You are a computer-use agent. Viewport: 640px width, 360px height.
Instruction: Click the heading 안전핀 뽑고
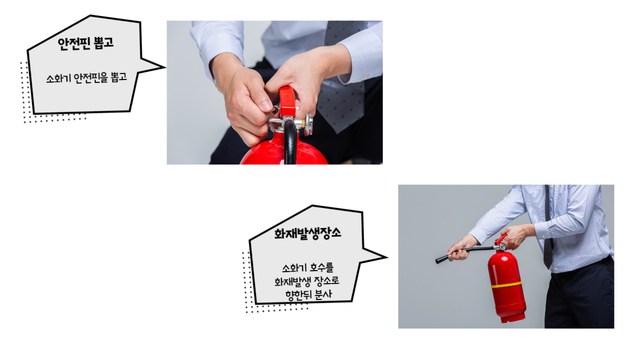click(x=85, y=43)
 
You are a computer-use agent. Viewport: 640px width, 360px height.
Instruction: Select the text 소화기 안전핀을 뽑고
click(x=86, y=77)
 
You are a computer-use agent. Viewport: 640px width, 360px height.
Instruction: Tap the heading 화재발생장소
click(x=307, y=233)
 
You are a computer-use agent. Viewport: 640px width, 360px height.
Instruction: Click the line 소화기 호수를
click(x=307, y=268)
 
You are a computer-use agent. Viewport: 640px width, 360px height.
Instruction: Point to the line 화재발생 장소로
click(x=307, y=281)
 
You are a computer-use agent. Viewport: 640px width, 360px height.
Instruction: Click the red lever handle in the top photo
click(x=287, y=101)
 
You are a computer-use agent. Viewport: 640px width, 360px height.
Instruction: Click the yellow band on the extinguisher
click(x=506, y=284)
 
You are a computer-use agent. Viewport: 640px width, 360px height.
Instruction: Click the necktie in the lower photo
click(x=548, y=228)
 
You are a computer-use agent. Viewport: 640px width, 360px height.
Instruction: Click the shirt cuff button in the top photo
click(x=365, y=76)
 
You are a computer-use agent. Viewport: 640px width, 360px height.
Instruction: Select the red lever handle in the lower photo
click(x=501, y=239)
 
